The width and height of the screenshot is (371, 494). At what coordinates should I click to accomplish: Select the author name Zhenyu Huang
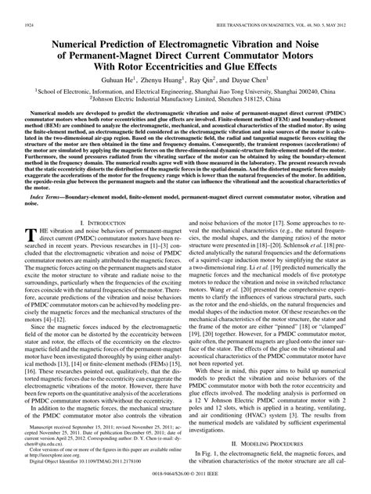(x=174, y=80)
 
